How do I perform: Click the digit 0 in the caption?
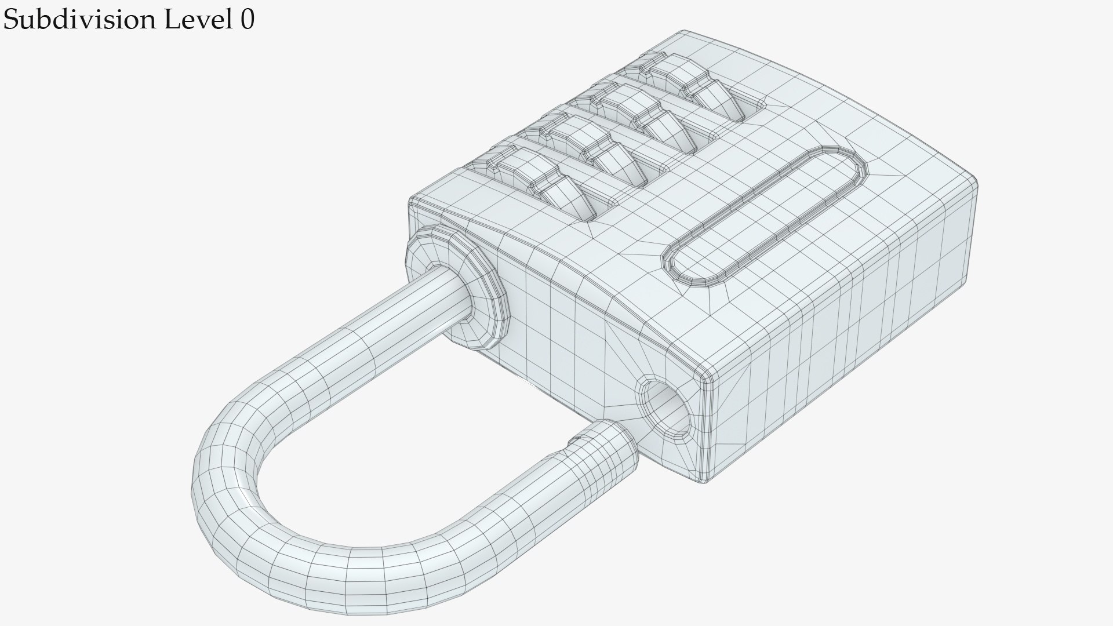[x=246, y=20]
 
